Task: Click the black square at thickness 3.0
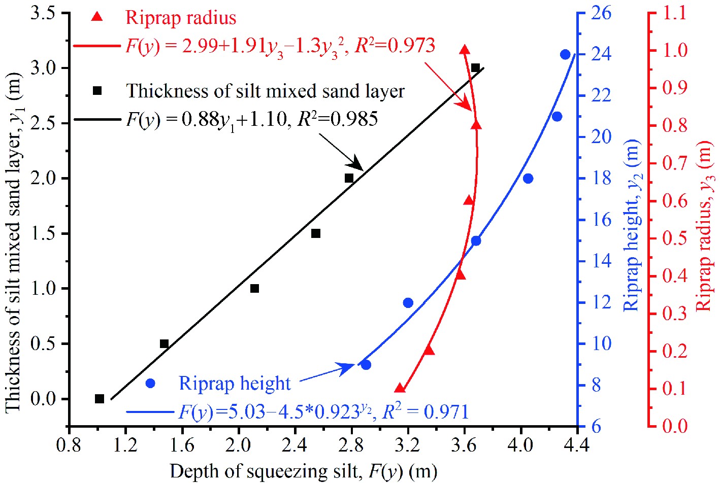475,68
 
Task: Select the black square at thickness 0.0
100,399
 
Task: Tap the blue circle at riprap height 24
565,55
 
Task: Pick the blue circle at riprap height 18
528,179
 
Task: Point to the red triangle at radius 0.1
400,389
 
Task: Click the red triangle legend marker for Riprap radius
96,17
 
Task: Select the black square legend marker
97,91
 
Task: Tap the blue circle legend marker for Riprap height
150,384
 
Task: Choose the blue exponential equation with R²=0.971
323,411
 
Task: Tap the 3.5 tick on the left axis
43,13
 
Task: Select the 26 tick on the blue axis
601,13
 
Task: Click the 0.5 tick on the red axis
675,238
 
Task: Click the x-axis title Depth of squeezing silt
303,471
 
